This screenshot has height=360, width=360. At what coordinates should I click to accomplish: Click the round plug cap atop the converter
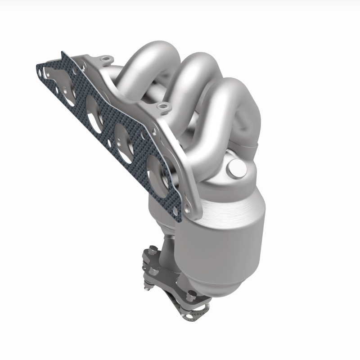237,169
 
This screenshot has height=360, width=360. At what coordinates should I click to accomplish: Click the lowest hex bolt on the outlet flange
193,295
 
